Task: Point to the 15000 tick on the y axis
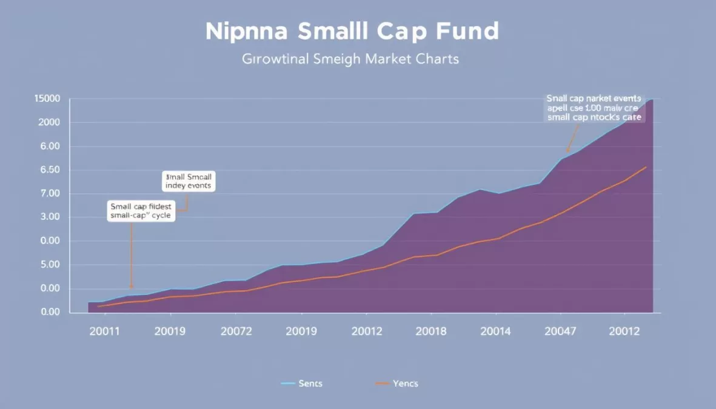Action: [x=47, y=99]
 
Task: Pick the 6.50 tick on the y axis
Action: [x=50, y=170]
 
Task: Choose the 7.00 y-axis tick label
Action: [x=50, y=194]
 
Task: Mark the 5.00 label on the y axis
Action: [x=50, y=265]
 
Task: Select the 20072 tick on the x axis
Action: [x=236, y=331]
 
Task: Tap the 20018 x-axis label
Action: [x=431, y=331]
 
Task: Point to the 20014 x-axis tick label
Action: [x=496, y=331]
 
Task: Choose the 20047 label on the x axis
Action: [x=561, y=331]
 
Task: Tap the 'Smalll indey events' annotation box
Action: [x=188, y=181]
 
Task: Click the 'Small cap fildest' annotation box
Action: [x=141, y=210]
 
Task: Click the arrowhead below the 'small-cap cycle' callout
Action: [x=131, y=287]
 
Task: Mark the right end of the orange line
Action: [x=646, y=167]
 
